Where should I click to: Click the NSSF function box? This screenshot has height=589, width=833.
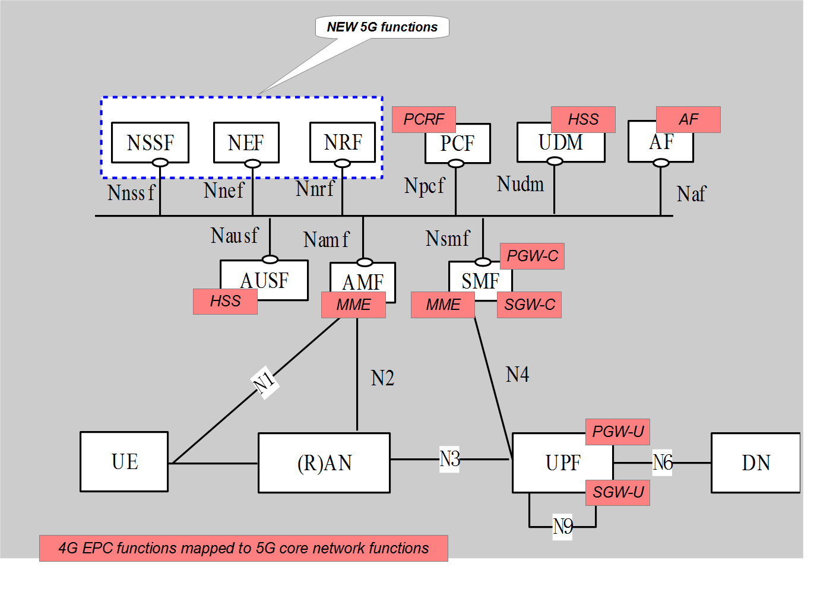point(150,142)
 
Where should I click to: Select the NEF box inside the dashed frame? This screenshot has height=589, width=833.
point(246,142)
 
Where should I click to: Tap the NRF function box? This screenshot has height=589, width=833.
point(343,142)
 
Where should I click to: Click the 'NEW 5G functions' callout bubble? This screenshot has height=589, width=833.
point(382,27)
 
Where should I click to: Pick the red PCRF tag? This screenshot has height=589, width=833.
point(424,119)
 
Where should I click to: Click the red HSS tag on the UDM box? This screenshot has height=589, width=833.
point(583,119)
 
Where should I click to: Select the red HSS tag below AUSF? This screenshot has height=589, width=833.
point(225,302)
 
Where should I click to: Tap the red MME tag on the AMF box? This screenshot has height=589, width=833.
point(353,305)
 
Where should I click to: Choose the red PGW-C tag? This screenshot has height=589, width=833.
point(532,256)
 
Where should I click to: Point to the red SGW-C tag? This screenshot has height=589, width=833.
point(529,305)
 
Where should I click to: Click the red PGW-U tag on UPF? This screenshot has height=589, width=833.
point(617,432)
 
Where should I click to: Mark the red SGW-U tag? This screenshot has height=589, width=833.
point(617,493)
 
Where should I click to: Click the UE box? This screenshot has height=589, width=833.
point(124,462)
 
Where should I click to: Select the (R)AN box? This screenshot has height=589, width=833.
point(324,463)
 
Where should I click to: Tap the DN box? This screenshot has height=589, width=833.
point(755,463)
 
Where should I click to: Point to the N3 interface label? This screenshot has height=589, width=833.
point(449,459)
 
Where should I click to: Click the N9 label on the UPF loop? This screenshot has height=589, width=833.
point(562,526)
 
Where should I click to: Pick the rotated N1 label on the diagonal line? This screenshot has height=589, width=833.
point(264,382)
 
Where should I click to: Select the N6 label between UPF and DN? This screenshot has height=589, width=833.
point(662,462)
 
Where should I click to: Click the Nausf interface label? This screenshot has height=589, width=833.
point(235,236)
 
